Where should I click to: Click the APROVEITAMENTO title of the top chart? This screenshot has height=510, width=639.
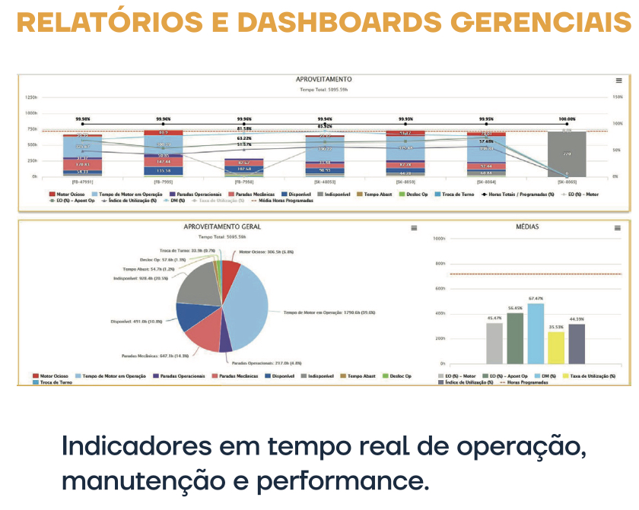(x=323, y=80)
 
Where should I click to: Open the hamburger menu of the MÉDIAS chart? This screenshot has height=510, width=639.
(x=618, y=228)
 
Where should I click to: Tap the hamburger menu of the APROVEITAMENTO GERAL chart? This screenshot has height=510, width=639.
(x=414, y=228)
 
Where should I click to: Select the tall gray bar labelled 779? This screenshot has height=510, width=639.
(x=567, y=154)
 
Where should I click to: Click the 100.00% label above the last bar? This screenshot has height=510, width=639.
(x=567, y=119)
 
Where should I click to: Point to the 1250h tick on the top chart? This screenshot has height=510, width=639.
(x=31, y=97)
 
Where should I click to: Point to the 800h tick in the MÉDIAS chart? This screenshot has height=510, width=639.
(x=439, y=264)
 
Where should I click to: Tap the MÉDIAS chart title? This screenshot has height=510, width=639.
(x=526, y=227)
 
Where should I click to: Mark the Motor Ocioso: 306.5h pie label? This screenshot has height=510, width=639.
(x=266, y=252)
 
